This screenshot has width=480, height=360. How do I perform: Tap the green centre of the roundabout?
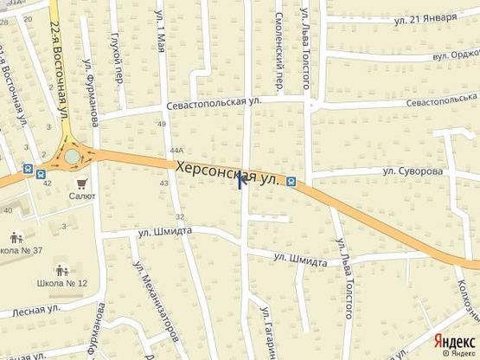pyautogui.click(x=71, y=157)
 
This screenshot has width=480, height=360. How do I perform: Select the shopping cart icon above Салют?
pyautogui.click(x=82, y=183)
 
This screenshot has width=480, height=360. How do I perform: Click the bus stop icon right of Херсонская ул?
pyautogui.click(x=291, y=182)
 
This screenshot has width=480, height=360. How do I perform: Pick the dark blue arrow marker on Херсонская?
pyautogui.click(x=244, y=180)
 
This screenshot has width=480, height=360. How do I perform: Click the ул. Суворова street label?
pyautogui.click(x=414, y=171)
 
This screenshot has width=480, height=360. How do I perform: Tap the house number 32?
pyautogui.click(x=179, y=216)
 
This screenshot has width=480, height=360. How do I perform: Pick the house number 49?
pyautogui.click(x=162, y=125)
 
